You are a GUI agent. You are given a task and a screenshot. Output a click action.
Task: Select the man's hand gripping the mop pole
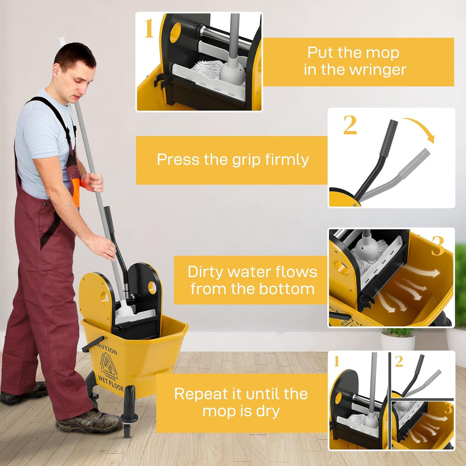[x=93, y=182]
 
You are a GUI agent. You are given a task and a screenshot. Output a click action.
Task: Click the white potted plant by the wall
[x=398, y=339]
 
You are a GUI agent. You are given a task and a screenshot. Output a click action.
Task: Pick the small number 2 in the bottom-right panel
[x=399, y=361]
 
